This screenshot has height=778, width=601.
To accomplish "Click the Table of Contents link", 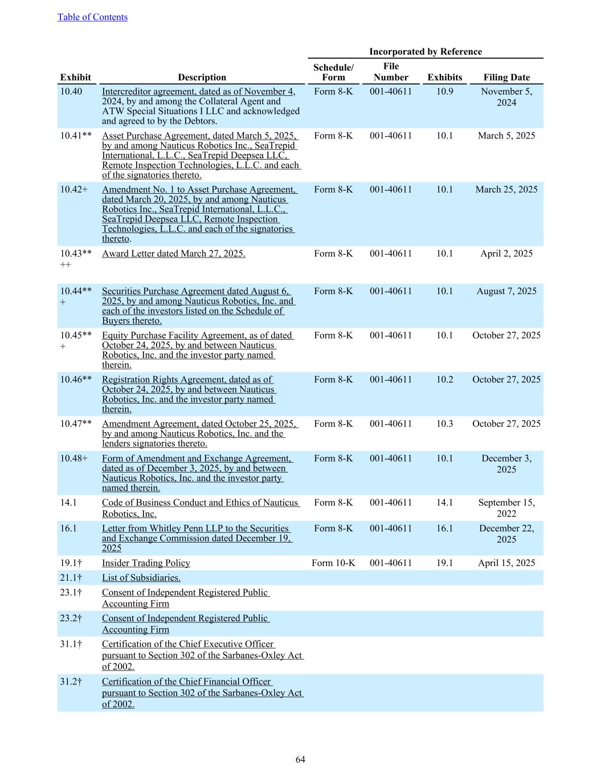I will pos(92,17).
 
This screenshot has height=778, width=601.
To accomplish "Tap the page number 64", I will pos(300,759).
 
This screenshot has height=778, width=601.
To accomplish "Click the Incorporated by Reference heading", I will pos(425,52).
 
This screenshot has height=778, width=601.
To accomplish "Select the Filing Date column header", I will pos(506,78).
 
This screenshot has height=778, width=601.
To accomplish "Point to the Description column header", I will pos(202,78).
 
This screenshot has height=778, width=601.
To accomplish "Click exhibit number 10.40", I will pos(71,92).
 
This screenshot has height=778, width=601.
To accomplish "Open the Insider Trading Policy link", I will pos(146,563).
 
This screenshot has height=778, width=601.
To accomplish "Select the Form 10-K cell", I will pos(333,563).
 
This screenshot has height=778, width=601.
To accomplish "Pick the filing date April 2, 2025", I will pos(506,254).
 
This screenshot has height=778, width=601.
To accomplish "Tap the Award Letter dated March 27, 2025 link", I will pos(174,254).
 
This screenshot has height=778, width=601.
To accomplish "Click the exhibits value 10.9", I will pos(445,92).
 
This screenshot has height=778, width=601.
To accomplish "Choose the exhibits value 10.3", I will pos(445,424).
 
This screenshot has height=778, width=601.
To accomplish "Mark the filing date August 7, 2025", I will pos(506,291).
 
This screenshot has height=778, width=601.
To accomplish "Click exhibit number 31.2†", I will pos(71,682).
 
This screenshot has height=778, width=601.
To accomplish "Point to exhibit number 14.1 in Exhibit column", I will pos(68,503).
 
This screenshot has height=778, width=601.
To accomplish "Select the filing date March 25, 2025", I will pos(506,190).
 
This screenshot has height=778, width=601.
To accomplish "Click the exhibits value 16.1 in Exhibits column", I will pos(445,529).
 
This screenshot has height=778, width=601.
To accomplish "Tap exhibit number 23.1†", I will pos(71,593).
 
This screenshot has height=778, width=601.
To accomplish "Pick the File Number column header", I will pos(391,72).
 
